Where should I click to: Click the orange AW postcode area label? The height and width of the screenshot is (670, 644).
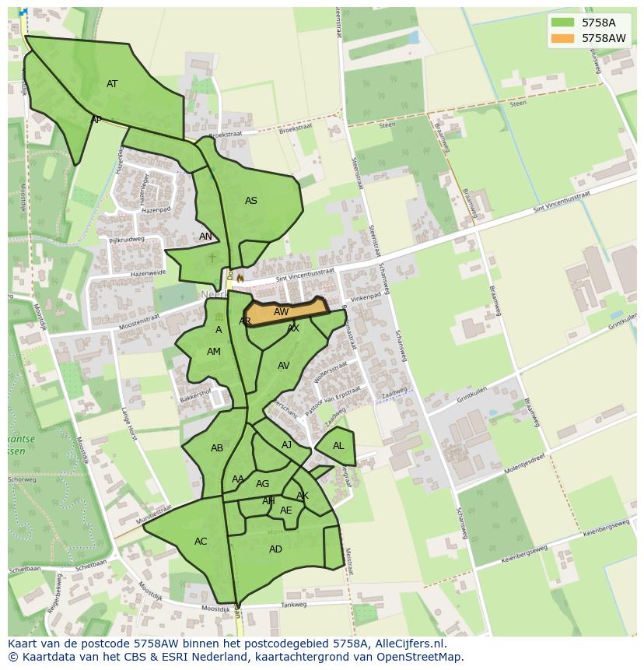point(282,312)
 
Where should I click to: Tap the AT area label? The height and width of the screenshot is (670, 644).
point(112,84)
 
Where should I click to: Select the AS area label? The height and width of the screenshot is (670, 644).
point(251,201)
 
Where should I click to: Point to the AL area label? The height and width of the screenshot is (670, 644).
point(338,446)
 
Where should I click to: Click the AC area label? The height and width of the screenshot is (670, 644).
point(201,542)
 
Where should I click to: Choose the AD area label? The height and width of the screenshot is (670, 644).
point(275,549)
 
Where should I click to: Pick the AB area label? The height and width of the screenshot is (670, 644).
point(217,448)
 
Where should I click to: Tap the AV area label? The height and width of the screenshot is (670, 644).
point(284,366)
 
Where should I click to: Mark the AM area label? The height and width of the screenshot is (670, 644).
point(214,352)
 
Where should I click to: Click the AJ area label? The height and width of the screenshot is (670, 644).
point(287,445)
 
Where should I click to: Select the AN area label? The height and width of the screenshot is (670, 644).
point(205,237)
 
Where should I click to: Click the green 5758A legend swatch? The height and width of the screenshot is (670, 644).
point(562,23)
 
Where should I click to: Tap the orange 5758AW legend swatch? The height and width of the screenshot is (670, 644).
point(562,38)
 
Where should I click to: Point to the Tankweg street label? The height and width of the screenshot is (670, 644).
point(294,605)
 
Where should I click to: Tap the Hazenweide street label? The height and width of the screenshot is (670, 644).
point(148,274)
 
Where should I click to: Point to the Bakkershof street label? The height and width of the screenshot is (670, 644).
point(195,395)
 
